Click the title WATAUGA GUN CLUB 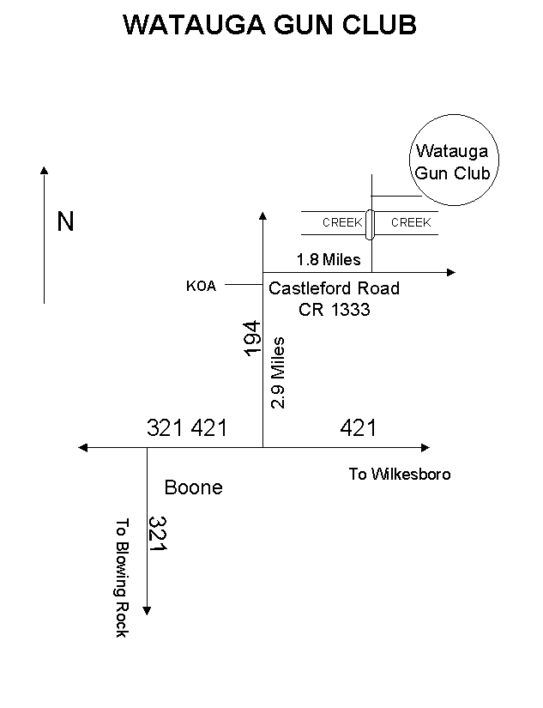click(x=270, y=25)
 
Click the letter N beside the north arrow click(x=65, y=222)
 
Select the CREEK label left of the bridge click(x=342, y=222)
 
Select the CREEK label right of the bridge click(x=411, y=222)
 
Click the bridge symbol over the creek click(x=370, y=224)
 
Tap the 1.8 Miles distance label click(x=329, y=259)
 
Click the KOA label click(x=201, y=287)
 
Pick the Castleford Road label click(x=334, y=288)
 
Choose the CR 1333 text click(x=335, y=310)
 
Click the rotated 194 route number click(x=251, y=339)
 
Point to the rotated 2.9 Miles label click(x=277, y=372)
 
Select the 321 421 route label click(x=187, y=427)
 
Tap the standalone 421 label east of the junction click(x=358, y=427)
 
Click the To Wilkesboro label click(x=399, y=474)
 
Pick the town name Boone click(x=193, y=487)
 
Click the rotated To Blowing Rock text click(x=121, y=577)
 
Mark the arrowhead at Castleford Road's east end click(x=452, y=273)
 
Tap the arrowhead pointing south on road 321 click(x=147, y=611)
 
